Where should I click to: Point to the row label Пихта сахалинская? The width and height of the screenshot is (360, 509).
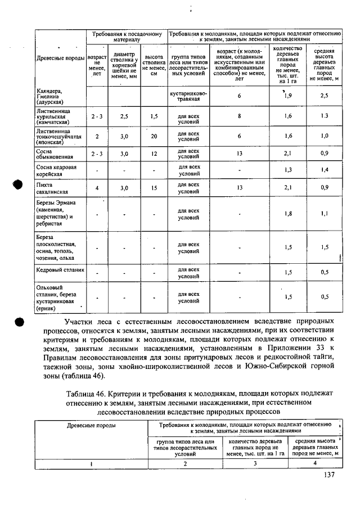point(49,188)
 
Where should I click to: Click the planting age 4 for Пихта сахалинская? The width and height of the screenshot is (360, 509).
point(97,188)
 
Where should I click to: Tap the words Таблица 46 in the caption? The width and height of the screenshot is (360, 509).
point(84,393)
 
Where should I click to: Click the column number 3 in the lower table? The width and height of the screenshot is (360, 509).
point(254,463)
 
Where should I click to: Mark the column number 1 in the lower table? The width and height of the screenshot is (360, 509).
point(91,463)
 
